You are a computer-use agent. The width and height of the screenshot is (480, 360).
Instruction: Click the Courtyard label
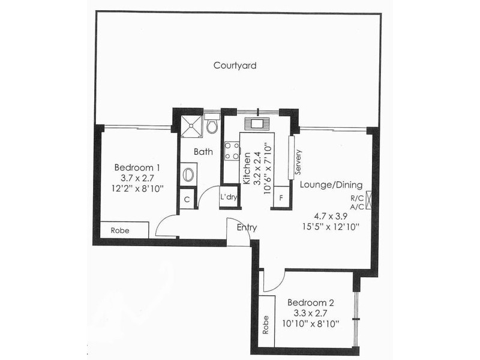235,65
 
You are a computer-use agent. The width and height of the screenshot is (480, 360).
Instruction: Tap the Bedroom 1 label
137,167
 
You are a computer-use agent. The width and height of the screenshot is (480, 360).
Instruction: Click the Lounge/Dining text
331,185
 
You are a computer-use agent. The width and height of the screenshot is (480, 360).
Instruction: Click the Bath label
203,152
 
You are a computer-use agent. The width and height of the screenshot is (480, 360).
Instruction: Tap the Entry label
247,227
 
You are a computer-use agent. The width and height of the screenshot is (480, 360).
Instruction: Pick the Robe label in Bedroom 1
124,230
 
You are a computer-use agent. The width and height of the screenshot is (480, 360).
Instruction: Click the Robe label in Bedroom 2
265,325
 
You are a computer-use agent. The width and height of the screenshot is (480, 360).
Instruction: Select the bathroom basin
188,175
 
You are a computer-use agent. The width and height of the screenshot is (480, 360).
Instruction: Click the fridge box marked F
280,198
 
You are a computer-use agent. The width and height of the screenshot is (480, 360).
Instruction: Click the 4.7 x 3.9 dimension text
331,215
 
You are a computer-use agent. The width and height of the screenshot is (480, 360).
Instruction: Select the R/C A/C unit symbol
368,199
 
